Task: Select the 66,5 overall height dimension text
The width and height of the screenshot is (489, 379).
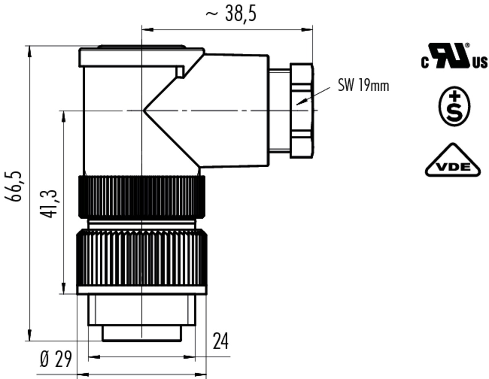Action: pos(13,187)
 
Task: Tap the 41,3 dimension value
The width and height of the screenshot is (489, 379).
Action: pos(48,204)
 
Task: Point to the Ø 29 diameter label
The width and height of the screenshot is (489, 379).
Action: pos(56,359)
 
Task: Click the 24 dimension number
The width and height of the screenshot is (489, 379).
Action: pos(220,341)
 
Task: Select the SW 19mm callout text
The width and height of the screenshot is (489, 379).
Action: pos(363,86)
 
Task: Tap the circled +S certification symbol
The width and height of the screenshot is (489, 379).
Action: pos(454,106)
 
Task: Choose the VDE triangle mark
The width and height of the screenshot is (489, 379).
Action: pos(453,160)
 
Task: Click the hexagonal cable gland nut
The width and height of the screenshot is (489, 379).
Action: pos(302,111)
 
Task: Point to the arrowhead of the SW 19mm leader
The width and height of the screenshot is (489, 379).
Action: pos(299,104)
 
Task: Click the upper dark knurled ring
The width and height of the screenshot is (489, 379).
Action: pos(142,197)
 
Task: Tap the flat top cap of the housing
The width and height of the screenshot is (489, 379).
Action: pos(142,57)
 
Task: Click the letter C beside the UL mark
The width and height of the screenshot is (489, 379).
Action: pos(425,63)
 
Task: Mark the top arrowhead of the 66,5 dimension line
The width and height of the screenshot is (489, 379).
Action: pos(29,51)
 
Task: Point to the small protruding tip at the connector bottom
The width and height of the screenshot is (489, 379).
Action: pos(142,333)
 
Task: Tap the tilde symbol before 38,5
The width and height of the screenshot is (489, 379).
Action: pos(212,14)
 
